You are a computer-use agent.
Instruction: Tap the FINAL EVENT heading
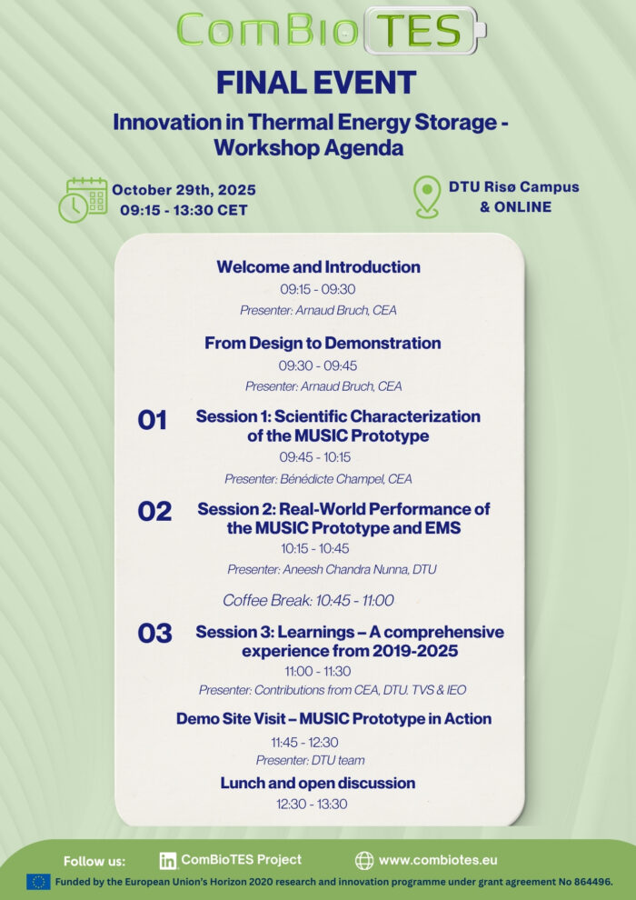316,83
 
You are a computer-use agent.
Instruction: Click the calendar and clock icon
83,200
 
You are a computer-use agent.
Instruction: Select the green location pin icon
427,197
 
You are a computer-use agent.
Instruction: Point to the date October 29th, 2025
184,190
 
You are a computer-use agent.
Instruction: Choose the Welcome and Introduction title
318,267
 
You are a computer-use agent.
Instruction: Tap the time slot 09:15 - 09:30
318,289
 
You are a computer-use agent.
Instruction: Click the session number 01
152,420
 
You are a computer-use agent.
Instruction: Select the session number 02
154,512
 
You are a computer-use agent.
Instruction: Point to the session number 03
154,633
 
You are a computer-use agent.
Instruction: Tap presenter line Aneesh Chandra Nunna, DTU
332,569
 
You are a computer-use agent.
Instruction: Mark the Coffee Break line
309,600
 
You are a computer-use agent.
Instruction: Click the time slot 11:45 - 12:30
304,742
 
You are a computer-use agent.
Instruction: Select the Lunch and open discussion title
318,783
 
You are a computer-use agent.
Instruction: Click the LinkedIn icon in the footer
168,860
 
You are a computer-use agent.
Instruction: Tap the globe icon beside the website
364,860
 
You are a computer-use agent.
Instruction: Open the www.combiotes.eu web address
438,860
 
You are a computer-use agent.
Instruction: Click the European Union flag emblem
39,882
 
